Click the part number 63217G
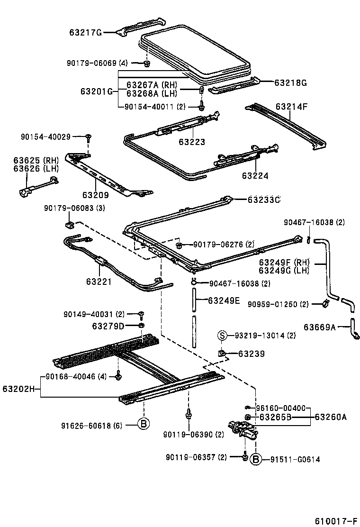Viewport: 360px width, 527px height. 86,33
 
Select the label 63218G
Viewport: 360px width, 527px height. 290,82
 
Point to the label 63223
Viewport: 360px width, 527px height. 192,142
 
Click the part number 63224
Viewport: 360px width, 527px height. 255,176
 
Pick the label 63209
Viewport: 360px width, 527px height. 95,194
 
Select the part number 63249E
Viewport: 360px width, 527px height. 224,300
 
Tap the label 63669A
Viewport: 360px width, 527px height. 319,327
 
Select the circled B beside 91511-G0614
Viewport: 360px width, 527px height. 255,459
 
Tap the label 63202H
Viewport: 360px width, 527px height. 19,389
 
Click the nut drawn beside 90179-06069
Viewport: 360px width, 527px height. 147,64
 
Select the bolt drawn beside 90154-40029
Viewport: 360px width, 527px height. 89,137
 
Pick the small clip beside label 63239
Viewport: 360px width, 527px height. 221,353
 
